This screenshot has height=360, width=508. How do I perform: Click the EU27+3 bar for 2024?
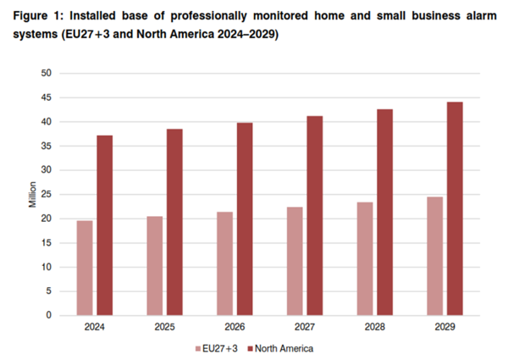pos(85,268)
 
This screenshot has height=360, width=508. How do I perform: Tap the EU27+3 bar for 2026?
pos(224,263)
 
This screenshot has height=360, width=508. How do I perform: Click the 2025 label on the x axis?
pos(164,327)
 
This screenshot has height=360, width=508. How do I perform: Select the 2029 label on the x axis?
pos(445,327)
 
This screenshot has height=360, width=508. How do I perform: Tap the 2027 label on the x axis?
pos(305,327)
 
